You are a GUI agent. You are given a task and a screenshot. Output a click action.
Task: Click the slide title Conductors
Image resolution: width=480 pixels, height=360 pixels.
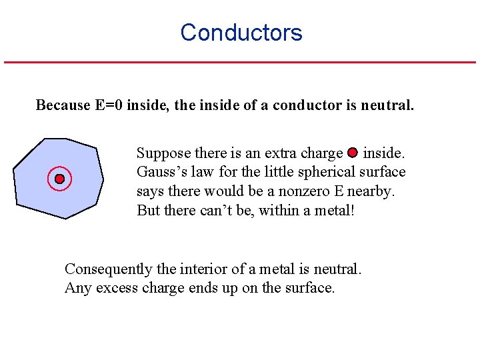click(x=241, y=33)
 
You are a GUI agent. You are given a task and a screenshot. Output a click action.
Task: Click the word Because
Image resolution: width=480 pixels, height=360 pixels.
click(x=62, y=105)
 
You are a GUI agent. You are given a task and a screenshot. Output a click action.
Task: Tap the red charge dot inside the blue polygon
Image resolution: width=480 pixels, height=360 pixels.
click(x=59, y=179)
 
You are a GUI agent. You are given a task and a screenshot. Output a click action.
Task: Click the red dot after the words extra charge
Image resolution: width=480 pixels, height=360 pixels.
click(x=353, y=153)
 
